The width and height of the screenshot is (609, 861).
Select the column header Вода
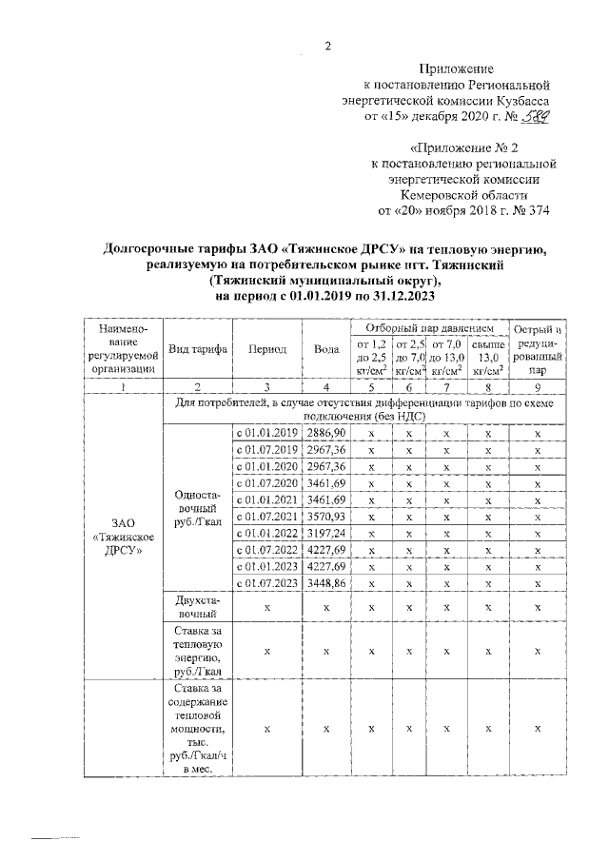coord(326,349)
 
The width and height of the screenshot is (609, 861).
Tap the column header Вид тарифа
coord(197,349)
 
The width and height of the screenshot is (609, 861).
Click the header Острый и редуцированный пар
coord(538,349)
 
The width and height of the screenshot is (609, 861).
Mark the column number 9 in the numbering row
coord(538,387)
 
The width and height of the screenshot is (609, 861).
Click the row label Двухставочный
coord(197,606)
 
